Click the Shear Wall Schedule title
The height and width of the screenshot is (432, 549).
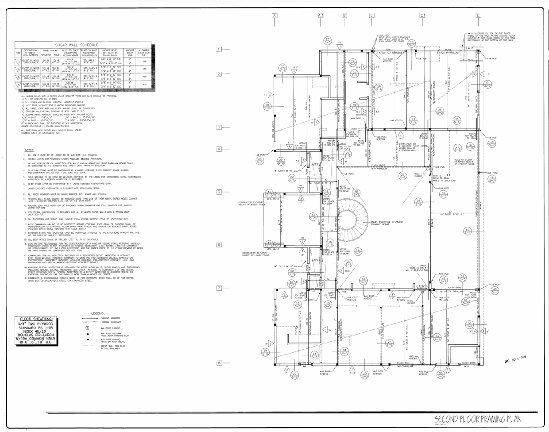tap(84, 45)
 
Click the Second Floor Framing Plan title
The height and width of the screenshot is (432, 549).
tap(478, 419)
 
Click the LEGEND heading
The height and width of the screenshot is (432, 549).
tap(97, 313)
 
